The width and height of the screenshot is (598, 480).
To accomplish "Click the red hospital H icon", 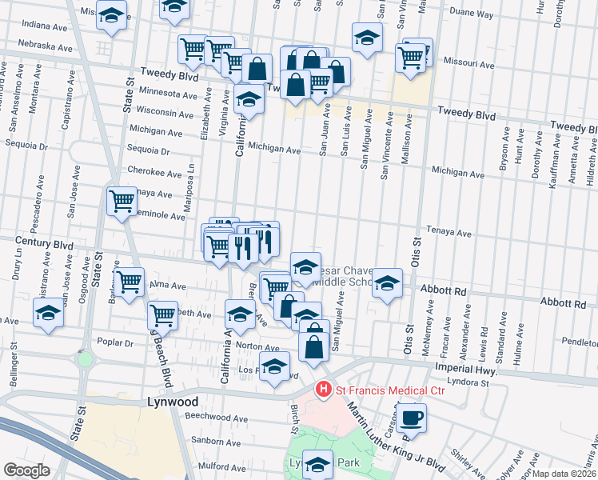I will tap(324, 390).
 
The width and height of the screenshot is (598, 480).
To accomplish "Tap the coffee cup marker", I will tap(411, 417).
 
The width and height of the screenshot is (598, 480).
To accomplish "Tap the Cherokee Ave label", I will tap(155, 172).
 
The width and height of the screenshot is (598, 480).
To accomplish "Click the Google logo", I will tap(26, 470).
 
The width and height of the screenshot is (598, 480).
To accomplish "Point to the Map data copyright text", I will tap(564, 474).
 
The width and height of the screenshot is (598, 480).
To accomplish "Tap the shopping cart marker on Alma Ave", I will tap(128, 281).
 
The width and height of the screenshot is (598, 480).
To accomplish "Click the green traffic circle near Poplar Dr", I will tap(85, 359).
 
